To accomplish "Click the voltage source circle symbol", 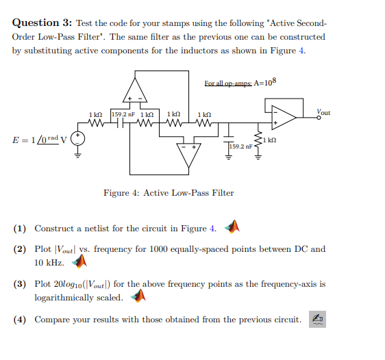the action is click(x=78, y=138).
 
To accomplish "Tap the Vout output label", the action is click(x=323, y=112).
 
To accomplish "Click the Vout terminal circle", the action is click(x=319, y=118).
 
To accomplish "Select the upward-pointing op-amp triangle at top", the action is click(x=135, y=90).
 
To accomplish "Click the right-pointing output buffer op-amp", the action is click(x=284, y=118).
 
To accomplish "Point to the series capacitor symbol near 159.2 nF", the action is click(x=120, y=123).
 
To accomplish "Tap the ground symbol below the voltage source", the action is click(x=78, y=155).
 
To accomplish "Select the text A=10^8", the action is click(x=265, y=82).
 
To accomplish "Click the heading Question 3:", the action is click(x=42, y=23).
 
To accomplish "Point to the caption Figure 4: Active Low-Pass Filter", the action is click(x=169, y=193).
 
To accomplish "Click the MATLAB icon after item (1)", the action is click(x=232, y=227).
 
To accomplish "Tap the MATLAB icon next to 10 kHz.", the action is click(x=79, y=261).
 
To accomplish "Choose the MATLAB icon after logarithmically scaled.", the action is click(x=138, y=296).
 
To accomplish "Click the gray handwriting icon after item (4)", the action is click(x=317, y=320).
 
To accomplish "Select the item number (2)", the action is click(x=20, y=249).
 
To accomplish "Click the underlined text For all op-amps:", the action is click(x=228, y=83).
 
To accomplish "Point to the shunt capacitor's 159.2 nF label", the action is click(x=240, y=146).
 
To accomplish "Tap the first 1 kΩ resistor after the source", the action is click(x=96, y=123).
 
